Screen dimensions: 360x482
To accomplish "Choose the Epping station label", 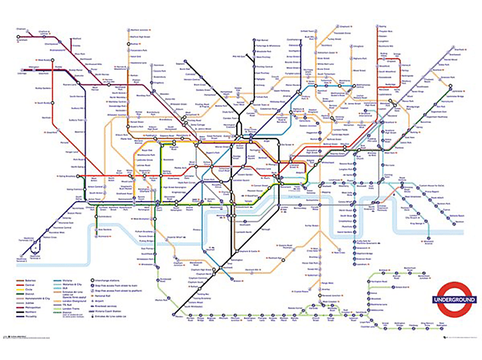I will click(383, 28).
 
